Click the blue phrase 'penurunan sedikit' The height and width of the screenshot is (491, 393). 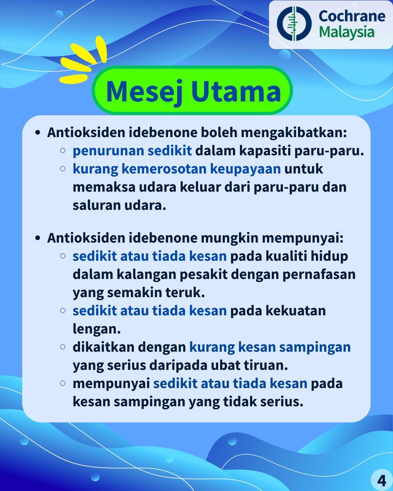tap(132, 151)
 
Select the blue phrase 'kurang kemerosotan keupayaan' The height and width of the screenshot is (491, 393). tap(177, 169)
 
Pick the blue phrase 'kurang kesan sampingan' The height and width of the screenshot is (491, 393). tap(270, 347)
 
